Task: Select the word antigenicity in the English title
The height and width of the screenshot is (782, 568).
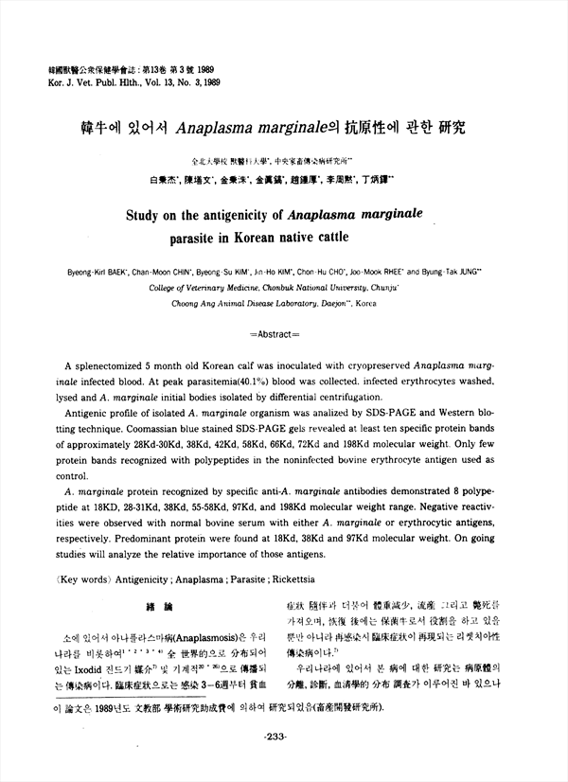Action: (x=264, y=216)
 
